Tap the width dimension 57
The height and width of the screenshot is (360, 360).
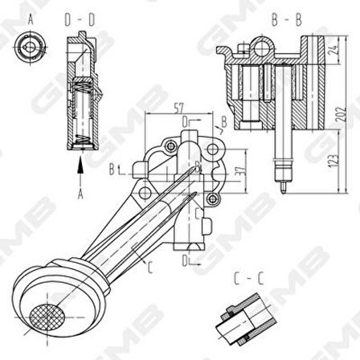pos(179,108)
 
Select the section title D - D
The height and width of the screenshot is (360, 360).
pos(79,19)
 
